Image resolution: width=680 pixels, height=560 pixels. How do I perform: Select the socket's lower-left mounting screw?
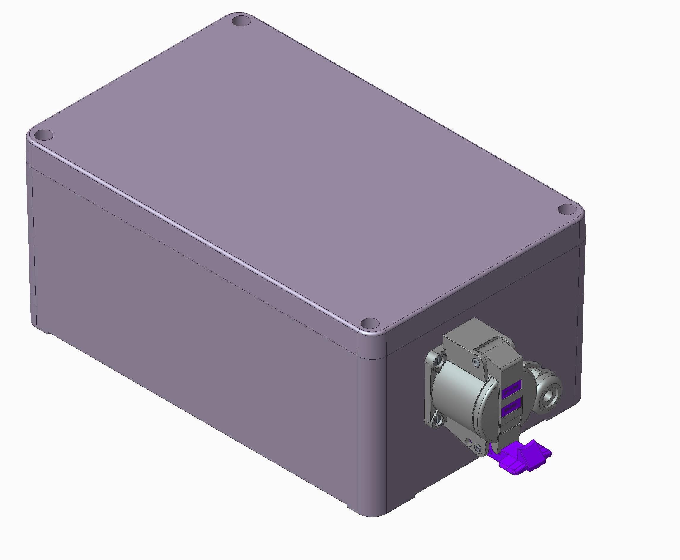pyautogui.click(x=438, y=420)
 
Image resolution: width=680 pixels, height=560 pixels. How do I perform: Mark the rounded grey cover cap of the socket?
pyautogui.click(x=461, y=400)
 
